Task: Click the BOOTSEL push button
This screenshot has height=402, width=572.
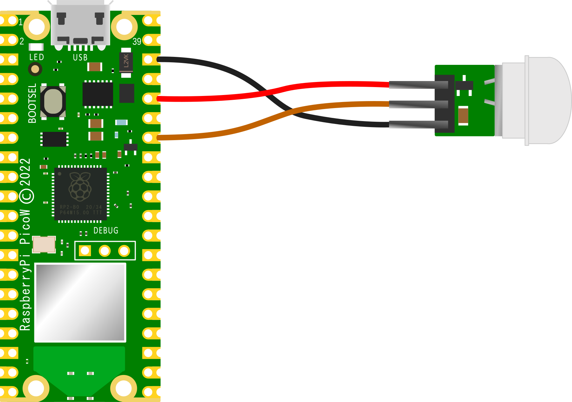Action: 53,102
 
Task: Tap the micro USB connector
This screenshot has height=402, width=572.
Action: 80,24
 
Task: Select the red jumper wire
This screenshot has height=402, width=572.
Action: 318,85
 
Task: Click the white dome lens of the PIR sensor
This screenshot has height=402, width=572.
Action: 540,100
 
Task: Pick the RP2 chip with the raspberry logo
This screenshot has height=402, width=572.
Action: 80,194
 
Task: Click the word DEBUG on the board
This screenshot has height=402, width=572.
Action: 106,230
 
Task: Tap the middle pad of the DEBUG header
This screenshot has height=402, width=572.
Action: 105,251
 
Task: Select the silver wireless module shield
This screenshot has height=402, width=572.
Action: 80,303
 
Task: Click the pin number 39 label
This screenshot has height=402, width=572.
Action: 137,42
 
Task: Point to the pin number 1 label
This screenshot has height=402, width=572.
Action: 21,22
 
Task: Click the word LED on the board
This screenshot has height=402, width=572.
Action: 37,57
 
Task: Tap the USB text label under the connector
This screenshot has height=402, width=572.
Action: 80,58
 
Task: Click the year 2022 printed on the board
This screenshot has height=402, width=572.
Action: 25,172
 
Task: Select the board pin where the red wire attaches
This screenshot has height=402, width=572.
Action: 148,99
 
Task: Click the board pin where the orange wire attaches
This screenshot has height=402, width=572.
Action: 148,138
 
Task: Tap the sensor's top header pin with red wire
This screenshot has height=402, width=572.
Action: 419,85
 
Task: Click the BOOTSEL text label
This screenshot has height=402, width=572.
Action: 32,103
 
